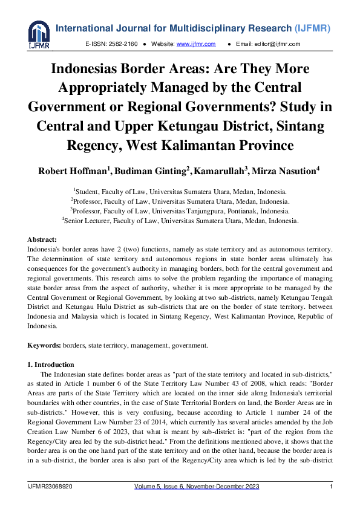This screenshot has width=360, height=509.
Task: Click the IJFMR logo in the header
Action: pos(39,36)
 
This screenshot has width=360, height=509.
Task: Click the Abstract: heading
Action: pos(45,239)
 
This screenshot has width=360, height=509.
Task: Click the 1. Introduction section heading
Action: pos(51,365)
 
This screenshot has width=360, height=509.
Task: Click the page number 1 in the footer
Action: pos(331,487)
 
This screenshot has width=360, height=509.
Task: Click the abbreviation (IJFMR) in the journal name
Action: pos(312,28)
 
